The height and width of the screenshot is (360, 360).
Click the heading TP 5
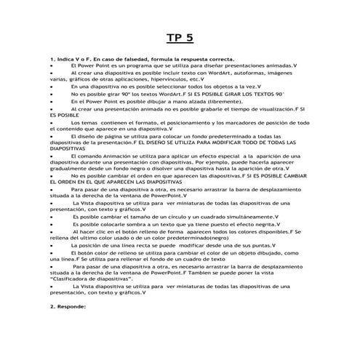coord(179,39)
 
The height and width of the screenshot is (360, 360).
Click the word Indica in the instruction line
coord(67,57)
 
